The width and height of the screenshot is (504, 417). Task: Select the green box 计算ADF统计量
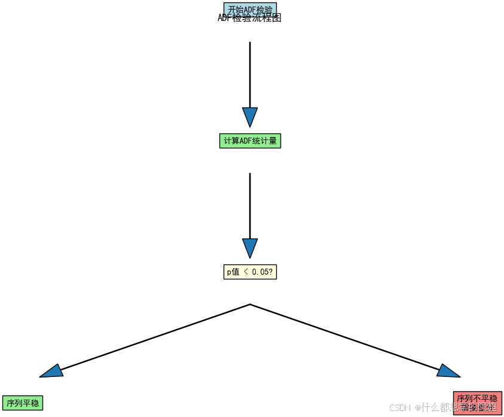250,141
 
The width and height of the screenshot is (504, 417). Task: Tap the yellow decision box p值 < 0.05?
250,272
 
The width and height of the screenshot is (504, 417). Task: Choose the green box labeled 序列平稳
23,403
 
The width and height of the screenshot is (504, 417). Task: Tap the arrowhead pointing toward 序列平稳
53,372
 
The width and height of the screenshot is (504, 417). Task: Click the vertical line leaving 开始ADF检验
250,72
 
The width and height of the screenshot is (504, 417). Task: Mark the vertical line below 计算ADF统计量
250,203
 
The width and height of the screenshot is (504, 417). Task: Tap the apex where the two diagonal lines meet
250,305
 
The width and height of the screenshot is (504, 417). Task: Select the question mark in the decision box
272,272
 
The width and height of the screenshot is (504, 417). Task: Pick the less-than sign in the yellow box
245,272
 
